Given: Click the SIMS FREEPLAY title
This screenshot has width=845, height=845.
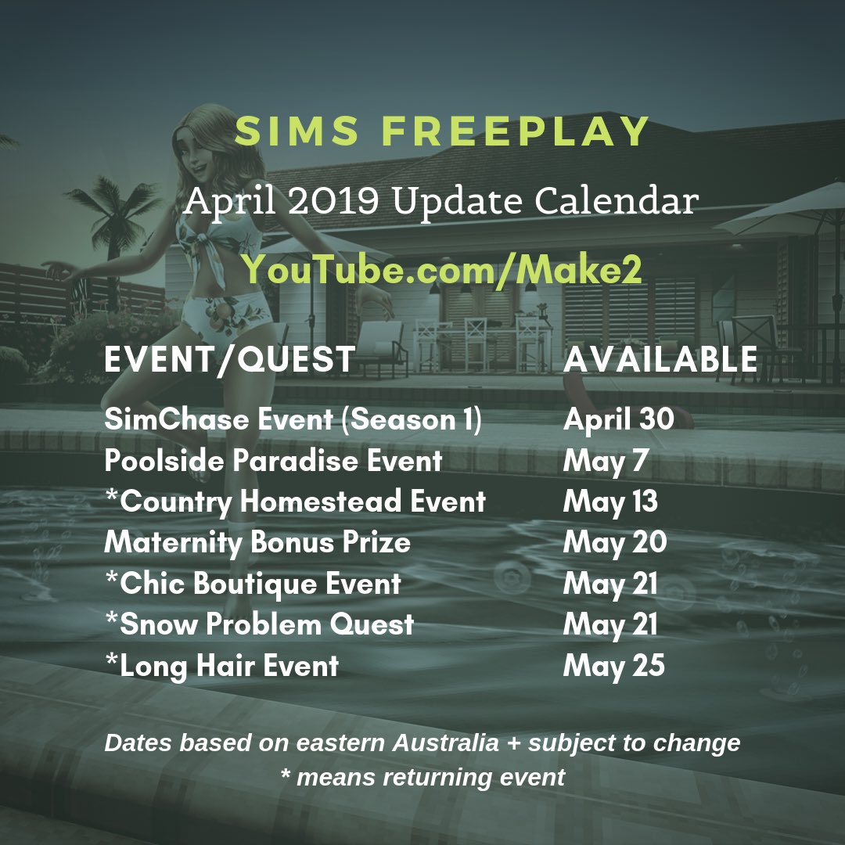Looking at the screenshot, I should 443,132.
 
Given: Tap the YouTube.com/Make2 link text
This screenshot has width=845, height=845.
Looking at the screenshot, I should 443,268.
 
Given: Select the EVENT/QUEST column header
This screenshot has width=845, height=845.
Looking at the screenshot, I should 230,359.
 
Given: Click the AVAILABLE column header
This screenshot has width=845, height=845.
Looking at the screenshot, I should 660,359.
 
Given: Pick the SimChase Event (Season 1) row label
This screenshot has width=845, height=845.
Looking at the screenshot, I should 293,420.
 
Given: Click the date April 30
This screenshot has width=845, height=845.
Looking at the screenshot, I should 618,420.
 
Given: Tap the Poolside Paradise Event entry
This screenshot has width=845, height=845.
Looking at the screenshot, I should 273,461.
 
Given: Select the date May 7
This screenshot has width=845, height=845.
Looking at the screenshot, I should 606,461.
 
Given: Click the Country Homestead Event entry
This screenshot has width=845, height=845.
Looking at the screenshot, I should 295,502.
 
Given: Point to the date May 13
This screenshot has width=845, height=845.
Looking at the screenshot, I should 610,502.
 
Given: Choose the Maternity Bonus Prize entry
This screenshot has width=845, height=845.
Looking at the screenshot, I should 257,542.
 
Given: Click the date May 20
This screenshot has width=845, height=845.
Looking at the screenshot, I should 614,542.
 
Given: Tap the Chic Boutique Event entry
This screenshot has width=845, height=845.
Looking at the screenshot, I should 253,584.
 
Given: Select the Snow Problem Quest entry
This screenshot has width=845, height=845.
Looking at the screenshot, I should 259,624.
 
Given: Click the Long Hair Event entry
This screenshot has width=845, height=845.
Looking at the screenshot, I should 221,666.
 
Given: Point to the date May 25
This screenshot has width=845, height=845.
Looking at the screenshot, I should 614,666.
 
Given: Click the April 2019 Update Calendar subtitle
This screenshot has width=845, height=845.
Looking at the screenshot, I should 440,202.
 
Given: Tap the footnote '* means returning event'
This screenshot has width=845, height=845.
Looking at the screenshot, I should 422,777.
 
